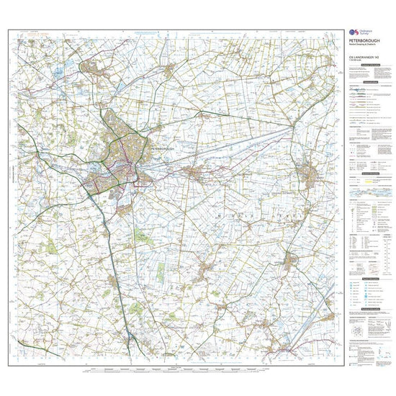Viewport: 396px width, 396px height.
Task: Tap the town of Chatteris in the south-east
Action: pyautogui.click(x=291, y=261)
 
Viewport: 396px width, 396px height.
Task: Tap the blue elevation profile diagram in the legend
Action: pyautogui.click(x=368, y=194)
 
